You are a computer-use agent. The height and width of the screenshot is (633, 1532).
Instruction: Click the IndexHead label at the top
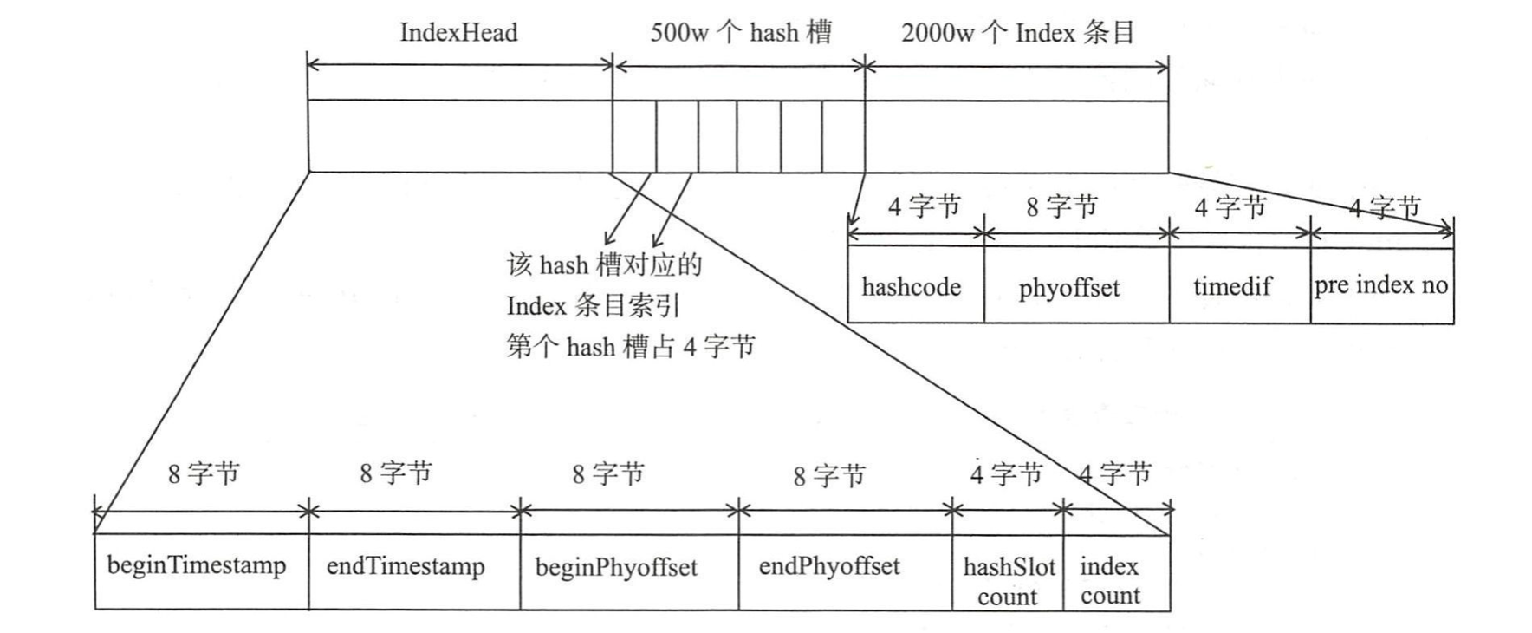[x=458, y=33]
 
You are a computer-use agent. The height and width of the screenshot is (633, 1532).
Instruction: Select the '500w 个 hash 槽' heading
[x=740, y=33]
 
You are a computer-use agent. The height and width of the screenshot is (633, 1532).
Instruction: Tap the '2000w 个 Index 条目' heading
[x=1017, y=33]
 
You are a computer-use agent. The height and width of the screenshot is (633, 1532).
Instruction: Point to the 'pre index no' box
[x=1381, y=285]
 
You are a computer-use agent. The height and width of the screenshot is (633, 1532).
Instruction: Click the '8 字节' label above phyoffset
[x=1061, y=206]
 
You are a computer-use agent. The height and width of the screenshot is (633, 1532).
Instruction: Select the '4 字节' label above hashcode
[x=924, y=206]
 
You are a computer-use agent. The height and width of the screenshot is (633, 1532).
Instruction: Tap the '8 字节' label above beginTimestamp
[x=203, y=473]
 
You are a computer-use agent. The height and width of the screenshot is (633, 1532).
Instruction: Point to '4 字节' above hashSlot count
[x=1005, y=474]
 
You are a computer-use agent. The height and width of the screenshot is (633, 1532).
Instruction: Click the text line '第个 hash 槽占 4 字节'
[x=631, y=347]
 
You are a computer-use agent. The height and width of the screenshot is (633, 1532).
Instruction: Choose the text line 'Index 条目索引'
[x=594, y=306]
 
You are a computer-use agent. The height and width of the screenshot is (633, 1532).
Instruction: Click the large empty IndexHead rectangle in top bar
[x=459, y=137]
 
